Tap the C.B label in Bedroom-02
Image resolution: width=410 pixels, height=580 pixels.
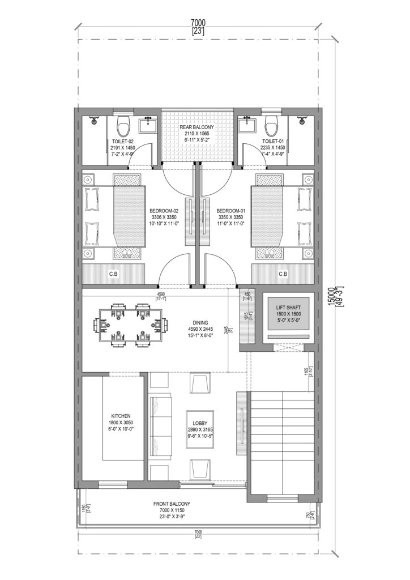[114, 274]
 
